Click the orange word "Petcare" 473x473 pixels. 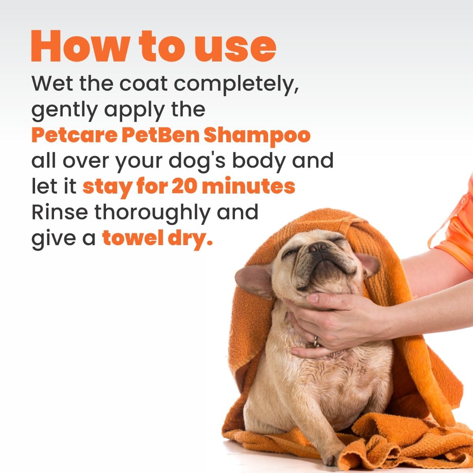pos(74,135)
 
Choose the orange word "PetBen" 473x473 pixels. pos(160,135)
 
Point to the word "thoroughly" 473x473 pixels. pos(152,213)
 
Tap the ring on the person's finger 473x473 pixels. pos(316,341)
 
